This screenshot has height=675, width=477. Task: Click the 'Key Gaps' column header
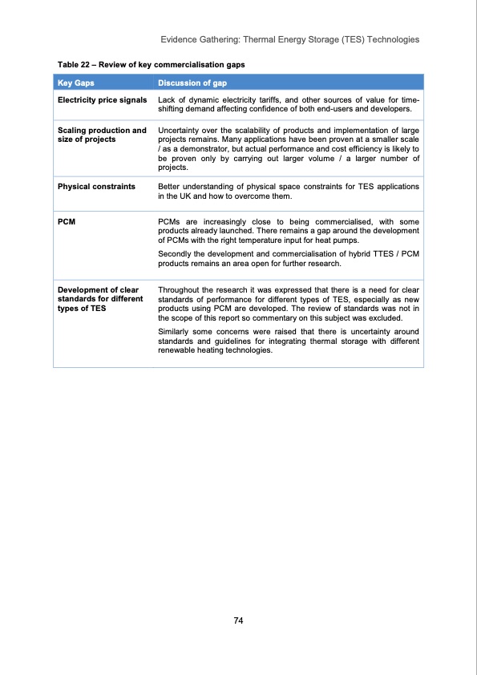[x=75, y=83]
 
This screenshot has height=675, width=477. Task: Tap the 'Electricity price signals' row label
[x=102, y=99]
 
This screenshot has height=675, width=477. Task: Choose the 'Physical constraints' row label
[x=95, y=186]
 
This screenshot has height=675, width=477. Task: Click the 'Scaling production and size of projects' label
[x=102, y=135]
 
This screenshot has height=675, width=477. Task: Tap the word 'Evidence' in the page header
[x=180, y=39]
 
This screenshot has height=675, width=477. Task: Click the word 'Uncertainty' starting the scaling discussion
[x=181, y=130]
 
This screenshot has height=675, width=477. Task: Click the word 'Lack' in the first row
[x=168, y=99]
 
